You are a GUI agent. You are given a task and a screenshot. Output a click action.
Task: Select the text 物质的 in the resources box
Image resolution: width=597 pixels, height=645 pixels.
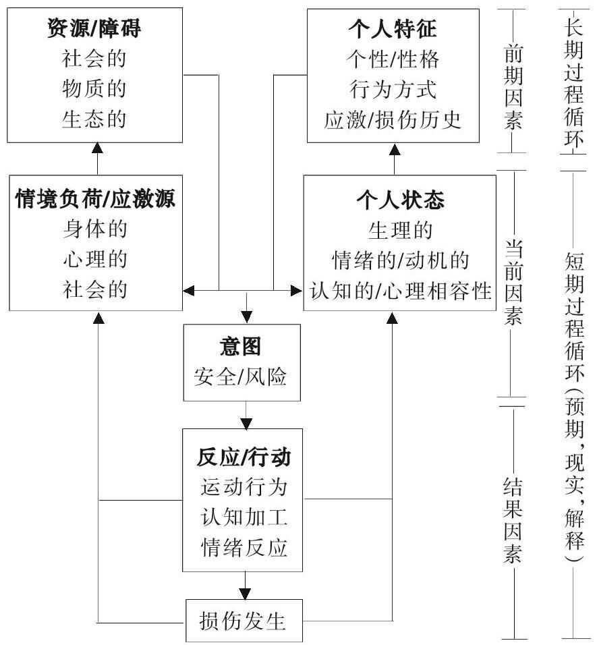point(94,88)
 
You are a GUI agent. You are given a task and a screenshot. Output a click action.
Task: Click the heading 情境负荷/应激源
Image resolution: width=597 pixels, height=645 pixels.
point(95,198)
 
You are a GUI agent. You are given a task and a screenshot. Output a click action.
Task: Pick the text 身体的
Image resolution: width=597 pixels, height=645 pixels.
point(95,229)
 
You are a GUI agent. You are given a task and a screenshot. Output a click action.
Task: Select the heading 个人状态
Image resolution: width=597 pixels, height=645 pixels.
point(400,200)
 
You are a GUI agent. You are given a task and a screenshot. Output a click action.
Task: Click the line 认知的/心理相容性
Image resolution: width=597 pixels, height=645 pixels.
point(400,290)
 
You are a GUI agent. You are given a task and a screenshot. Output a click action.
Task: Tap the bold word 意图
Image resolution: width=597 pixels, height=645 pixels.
point(241,346)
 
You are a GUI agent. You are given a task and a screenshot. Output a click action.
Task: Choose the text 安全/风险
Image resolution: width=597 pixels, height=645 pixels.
point(241,376)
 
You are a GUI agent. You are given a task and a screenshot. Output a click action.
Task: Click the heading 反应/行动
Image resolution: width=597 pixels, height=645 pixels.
point(244,457)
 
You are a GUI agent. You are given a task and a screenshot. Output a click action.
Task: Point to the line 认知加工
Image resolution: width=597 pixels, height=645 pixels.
point(244,517)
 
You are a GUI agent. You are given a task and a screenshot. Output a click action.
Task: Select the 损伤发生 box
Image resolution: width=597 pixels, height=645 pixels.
point(244,621)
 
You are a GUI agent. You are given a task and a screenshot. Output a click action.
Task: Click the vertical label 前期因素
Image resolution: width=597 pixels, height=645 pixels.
point(513,88)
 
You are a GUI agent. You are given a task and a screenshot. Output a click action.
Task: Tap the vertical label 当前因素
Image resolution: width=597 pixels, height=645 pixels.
point(513,282)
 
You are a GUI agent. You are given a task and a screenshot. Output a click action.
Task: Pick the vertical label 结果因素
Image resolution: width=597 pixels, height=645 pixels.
point(513,520)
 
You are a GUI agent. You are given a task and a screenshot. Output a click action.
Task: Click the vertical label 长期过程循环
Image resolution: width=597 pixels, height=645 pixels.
point(573,83)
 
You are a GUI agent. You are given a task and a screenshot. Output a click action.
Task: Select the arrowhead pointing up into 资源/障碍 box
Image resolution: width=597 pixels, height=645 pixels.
point(97,148)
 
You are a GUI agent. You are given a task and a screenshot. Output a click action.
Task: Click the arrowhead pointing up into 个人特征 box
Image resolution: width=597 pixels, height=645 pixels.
point(395,149)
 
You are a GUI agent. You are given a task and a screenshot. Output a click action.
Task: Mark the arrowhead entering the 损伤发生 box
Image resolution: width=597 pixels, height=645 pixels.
point(245,594)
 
